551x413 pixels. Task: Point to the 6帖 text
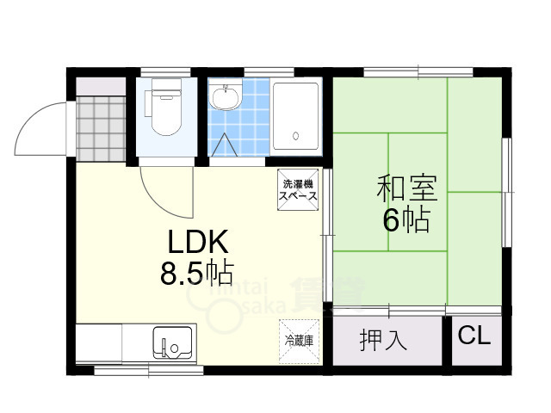pyautogui.click(x=406, y=221)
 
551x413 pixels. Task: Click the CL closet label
pyautogui.click(x=473, y=336)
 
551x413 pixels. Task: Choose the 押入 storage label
pyautogui.click(x=382, y=340)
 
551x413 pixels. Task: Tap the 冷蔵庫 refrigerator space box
pyautogui.click(x=299, y=340)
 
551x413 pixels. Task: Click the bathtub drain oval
pyautogui.click(x=295, y=136)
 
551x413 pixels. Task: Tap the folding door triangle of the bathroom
pyautogui.click(x=226, y=145)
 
